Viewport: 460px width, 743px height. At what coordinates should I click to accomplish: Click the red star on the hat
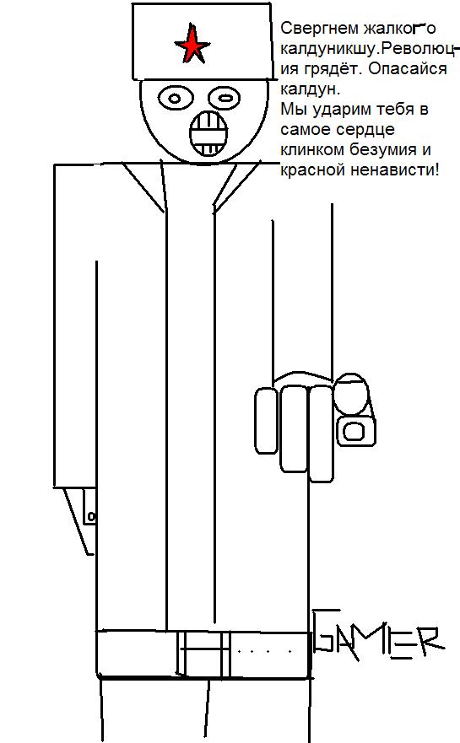pos(192,46)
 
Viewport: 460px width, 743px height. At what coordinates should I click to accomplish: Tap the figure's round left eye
pos(175,99)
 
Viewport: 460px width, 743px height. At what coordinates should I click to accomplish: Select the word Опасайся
pos(408,68)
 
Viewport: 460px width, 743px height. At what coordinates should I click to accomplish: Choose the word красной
pos(313,170)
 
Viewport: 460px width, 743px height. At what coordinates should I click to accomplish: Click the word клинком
pos(313,150)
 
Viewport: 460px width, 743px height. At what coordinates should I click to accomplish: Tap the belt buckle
pos(204,654)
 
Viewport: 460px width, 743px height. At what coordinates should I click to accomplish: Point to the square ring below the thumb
pos(355,430)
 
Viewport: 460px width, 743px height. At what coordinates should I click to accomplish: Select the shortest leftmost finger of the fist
pos(266,421)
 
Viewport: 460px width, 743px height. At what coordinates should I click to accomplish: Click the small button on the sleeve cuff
pos(92,516)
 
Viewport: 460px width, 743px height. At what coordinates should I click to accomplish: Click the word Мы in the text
pos(291,110)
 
